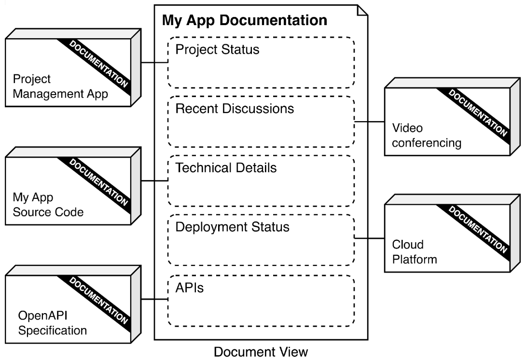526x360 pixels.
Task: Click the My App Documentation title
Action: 244,21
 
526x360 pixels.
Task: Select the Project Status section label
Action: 217,50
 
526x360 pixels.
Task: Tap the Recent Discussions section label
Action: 235,109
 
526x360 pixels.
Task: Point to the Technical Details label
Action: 226,168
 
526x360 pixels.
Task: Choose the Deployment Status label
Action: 232,227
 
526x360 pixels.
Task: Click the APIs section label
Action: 189,289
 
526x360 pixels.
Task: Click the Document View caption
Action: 261,351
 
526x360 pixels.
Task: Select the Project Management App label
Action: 60,86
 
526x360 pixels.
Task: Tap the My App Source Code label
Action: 48,205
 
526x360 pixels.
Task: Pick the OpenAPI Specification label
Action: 52,323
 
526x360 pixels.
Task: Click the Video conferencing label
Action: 426,136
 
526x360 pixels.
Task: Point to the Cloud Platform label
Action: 414,252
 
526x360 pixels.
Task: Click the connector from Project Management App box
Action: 154,63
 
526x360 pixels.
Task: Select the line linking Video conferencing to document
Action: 369,122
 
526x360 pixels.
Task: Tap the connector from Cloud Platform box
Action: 369,238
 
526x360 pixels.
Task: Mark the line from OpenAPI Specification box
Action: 154,300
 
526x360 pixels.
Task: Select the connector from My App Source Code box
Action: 154,181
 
